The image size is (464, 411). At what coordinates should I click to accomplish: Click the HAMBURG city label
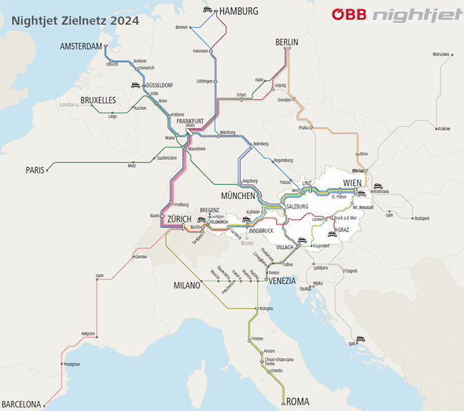[x=239, y=11]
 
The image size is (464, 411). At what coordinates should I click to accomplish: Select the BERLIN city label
[x=287, y=43]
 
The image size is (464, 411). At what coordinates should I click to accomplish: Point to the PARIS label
[x=35, y=170]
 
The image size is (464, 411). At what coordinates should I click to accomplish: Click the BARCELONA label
[x=21, y=405]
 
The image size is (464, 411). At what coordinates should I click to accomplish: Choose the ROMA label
[x=298, y=402]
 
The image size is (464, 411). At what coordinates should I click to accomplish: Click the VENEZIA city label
[x=282, y=281]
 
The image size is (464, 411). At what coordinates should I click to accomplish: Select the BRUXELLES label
[x=98, y=101]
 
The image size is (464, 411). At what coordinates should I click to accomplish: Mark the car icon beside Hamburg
[x=207, y=10]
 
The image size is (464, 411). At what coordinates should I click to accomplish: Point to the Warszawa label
[x=440, y=54]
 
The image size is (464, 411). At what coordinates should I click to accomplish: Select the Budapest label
[x=420, y=218]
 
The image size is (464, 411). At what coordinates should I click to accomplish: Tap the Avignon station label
[x=88, y=333]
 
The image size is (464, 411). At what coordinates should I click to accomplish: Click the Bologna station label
[x=266, y=308]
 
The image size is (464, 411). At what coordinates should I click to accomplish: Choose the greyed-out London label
[x=67, y=105]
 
